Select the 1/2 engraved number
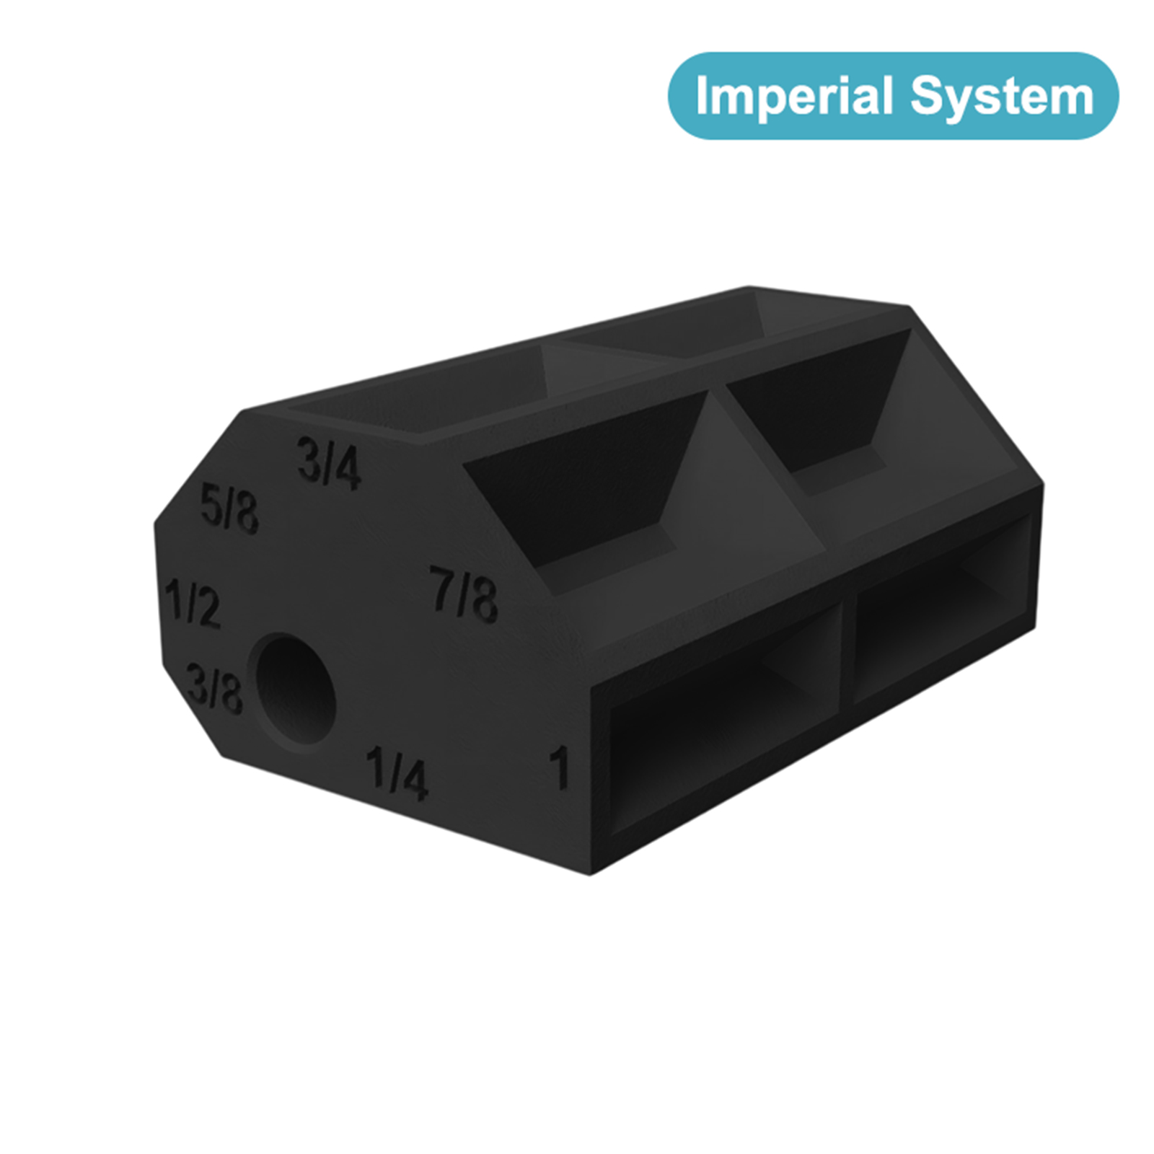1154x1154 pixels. (x=192, y=602)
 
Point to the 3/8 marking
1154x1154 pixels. (x=214, y=689)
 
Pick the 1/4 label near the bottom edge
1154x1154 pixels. (x=397, y=773)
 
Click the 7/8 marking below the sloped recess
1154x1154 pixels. (x=464, y=594)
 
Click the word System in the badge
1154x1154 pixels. (x=1002, y=97)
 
